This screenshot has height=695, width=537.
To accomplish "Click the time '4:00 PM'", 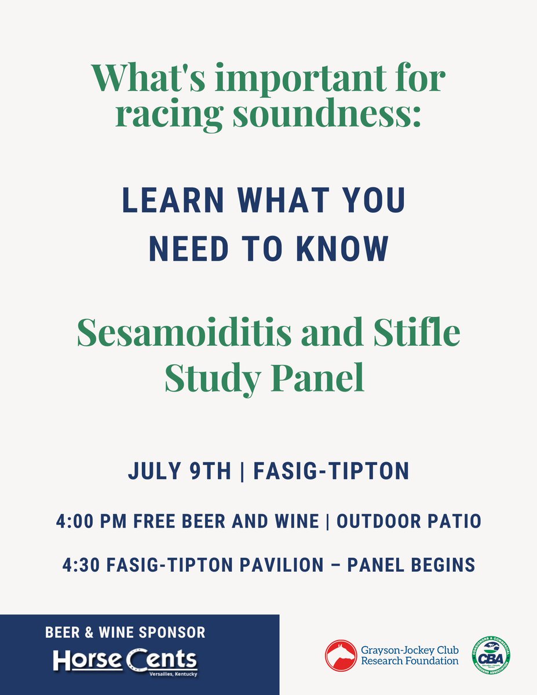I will click(x=93, y=521).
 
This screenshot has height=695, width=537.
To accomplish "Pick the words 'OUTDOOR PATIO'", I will click(x=409, y=521).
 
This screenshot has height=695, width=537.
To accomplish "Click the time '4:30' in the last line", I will click(x=82, y=564).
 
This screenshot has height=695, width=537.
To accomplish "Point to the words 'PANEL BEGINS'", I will click(x=411, y=564).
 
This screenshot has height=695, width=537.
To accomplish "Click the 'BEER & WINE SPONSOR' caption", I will click(x=125, y=632).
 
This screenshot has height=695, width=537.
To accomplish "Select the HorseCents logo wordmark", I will click(x=125, y=660).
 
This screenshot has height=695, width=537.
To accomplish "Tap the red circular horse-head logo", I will click(x=340, y=655).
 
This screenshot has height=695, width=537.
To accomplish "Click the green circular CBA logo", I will click(x=491, y=655).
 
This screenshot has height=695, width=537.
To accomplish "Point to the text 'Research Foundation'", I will click(x=410, y=661).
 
